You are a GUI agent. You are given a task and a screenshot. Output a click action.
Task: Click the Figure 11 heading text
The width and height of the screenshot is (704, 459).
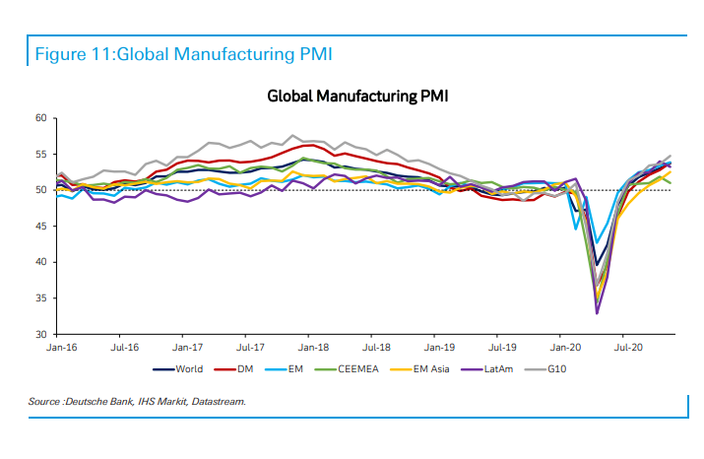coord(183,53)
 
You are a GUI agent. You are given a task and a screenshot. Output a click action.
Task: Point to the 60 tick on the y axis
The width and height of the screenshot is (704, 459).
coord(40,118)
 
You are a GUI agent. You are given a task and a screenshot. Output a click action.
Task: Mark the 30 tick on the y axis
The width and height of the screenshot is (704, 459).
coord(40,335)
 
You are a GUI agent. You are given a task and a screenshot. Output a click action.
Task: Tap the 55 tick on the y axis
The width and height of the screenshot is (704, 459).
coord(40,155)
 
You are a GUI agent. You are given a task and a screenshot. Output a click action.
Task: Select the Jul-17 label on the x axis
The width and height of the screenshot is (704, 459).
coord(250,348)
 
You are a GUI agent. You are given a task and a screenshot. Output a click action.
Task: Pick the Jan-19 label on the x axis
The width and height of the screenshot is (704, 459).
coord(438,348)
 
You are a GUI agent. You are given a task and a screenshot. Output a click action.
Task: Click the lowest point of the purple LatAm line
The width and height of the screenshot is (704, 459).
coord(597,313)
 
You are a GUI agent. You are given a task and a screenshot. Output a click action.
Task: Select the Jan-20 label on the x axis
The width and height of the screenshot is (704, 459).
coord(564,348)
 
